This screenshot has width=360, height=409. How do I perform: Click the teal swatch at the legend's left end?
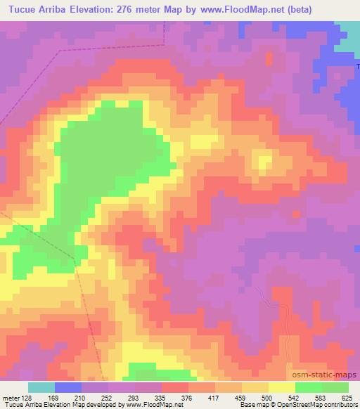point(41,387)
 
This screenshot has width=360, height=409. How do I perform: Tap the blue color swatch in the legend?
point(68,387)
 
